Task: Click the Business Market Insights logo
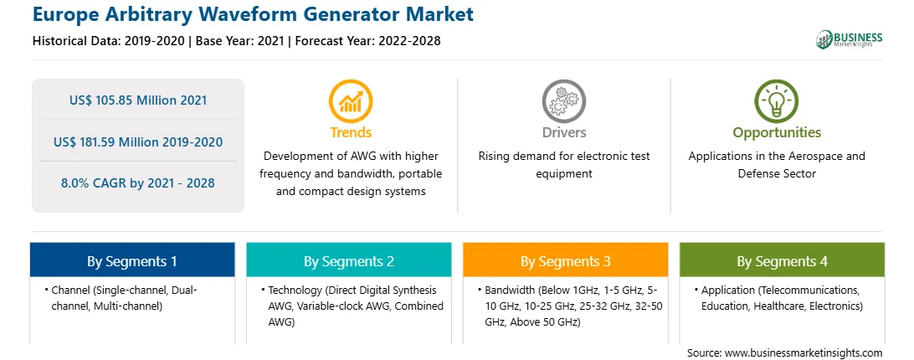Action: (x=849, y=39)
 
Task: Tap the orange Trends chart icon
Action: (x=351, y=101)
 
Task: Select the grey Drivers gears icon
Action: (x=563, y=101)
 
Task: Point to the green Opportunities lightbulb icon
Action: (x=777, y=101)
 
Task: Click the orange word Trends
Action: (x=351, y=132)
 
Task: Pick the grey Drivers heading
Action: (x=563, y=132)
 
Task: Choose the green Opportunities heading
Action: (x=777, y=133)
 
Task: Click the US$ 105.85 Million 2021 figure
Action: (x=138, y=100)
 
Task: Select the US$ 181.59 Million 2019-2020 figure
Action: (x=138, y=141)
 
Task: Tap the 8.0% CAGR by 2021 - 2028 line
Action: (x=138, y=183)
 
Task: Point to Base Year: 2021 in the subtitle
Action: (x=239, y=41)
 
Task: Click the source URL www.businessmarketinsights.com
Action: (x=804, y=353)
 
